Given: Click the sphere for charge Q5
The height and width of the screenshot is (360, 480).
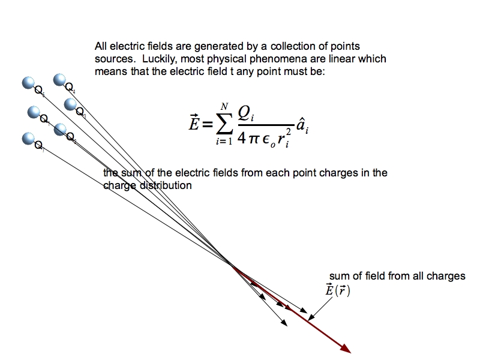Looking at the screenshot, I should click(x=28, y=83).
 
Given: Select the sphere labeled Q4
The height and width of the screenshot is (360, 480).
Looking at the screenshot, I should click(x=60, y=80).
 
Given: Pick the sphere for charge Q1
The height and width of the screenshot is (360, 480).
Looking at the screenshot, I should click(x=34, y=112).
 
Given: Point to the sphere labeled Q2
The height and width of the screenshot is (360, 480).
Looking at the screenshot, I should click(x=60, y=129).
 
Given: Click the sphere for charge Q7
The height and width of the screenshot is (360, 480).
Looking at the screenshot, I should click(x=28, y=139).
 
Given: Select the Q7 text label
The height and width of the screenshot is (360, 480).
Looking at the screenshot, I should click(x=38, y=146).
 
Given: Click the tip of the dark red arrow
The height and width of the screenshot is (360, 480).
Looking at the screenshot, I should click(x=349, y=352).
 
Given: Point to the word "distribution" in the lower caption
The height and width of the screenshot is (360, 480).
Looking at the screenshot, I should click(x=166, y=185).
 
